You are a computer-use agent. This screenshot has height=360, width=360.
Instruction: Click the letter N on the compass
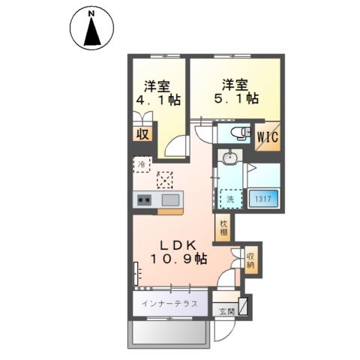click(91, 14)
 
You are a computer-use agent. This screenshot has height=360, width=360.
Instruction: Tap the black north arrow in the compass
click(92, 32)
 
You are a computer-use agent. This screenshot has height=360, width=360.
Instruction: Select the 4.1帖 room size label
click(158, 100)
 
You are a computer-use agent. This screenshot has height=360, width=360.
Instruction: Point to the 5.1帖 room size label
click(236, 98)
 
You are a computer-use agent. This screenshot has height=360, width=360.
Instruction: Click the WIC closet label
click(268, 136)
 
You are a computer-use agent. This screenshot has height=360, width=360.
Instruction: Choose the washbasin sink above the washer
click(229, 157)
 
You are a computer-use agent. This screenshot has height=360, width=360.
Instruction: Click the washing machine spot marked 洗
click(231, 199)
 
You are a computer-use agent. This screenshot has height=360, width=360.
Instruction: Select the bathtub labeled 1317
click(263, 199)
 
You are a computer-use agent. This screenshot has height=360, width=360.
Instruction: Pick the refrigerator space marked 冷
click(142, 164)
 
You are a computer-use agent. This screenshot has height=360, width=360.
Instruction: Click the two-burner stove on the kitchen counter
click(144, 199)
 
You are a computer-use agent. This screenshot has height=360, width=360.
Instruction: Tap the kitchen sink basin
click(170, 199)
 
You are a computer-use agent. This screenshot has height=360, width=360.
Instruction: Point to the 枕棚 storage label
click(223, 228)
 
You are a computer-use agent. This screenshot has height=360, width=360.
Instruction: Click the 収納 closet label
click(250, 260)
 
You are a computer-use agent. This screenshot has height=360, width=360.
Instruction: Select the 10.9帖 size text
click(178, 259)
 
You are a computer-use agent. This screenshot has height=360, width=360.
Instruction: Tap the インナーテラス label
click(169, 304)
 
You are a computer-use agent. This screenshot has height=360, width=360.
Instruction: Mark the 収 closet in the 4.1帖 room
click(142, 134)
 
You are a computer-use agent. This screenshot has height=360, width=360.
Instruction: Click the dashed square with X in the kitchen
click(165, 180)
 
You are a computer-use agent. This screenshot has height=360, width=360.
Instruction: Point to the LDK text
click(178, 246)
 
